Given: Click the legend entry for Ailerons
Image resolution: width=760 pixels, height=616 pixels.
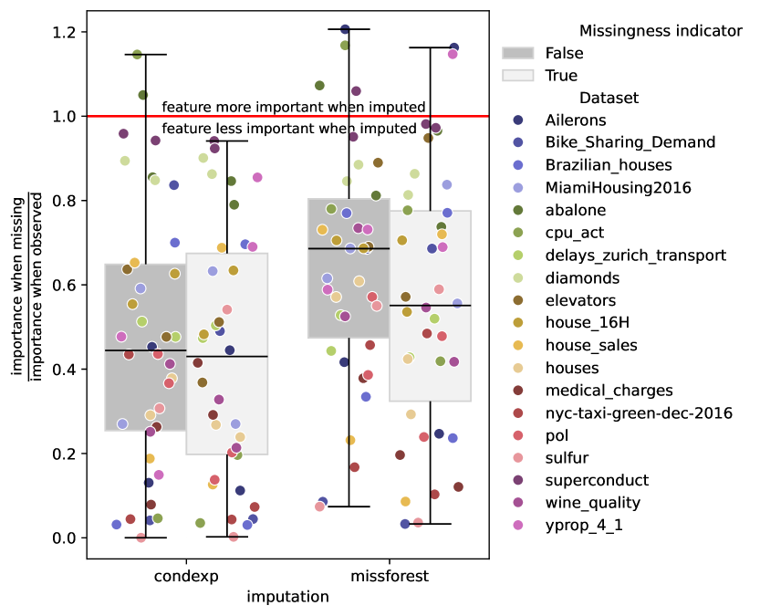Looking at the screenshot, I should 576,120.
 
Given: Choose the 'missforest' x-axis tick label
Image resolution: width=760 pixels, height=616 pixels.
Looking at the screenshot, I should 390,577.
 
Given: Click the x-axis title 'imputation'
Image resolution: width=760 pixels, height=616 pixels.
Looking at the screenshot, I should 287,597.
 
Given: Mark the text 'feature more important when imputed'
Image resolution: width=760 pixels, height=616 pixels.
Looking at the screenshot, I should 294,107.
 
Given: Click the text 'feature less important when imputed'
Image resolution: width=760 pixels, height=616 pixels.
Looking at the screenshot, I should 289,129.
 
